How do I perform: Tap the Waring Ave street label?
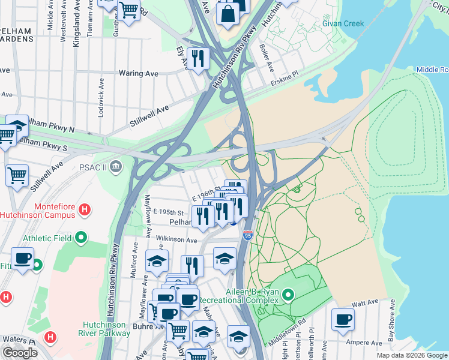tap(139, 73)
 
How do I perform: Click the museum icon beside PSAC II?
tap(116, 165)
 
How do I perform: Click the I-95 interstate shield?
tap(248, 235)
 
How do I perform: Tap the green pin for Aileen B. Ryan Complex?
tap(289, 295)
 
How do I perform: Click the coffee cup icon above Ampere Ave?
tap(343, 319)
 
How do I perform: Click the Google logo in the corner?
tap(20, 353)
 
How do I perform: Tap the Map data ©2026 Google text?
tap(411, 355)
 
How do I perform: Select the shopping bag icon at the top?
tap(229, 13)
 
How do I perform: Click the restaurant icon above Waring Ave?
tap(197, 58)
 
